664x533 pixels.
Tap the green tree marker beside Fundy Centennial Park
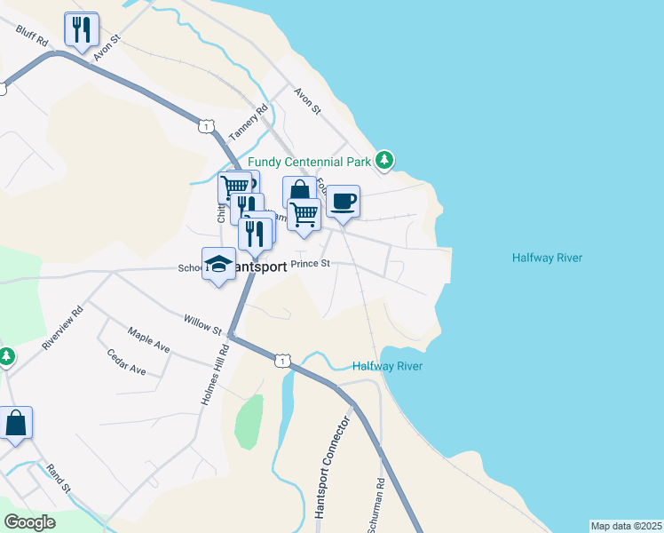[384, 160]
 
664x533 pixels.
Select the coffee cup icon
[343, 200]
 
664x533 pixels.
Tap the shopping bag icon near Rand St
[16, 423]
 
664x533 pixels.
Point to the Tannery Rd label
[248, 123]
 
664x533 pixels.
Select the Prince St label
[311, 264]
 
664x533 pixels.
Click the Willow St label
[202, 324]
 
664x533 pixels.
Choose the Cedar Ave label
[126, 363]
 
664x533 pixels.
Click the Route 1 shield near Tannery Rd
[206, 127]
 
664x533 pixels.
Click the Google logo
[29, 522]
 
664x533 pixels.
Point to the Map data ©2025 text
[626, 526]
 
